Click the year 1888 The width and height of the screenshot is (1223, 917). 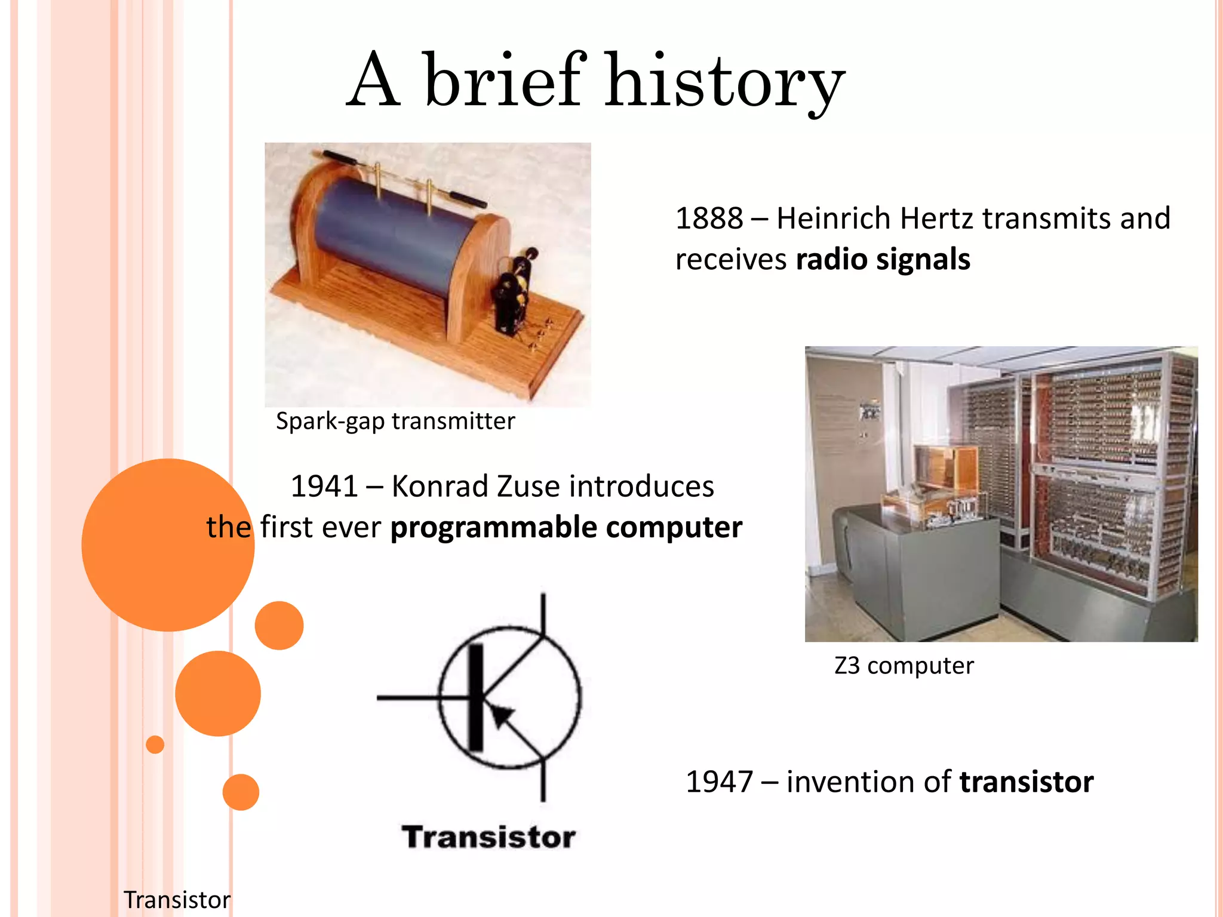pos(709,219)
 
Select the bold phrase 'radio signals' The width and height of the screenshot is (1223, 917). pos(883,260)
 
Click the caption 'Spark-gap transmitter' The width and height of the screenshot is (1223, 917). pos(395,421)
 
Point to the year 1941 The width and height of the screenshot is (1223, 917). pos(324,487)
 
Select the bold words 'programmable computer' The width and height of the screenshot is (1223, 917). pos(566,528)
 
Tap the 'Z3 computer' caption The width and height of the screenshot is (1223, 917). pos(904,666)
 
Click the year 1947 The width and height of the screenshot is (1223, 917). pos(719,782)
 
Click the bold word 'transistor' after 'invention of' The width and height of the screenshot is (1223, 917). pos(1026,782)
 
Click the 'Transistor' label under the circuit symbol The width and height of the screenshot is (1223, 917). pos(488,837)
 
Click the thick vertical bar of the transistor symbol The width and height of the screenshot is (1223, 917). pos(475,697)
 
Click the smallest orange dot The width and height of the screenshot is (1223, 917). pos(155,744)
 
